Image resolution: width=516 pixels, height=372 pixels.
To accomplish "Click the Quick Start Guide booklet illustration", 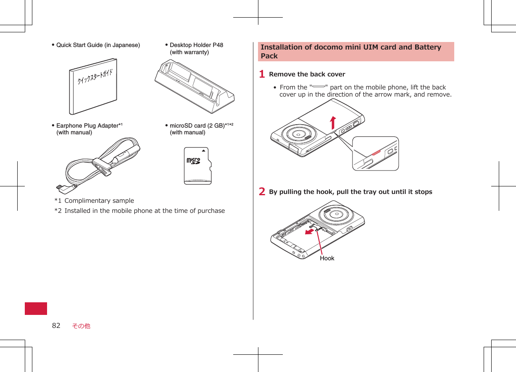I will pos(93,87).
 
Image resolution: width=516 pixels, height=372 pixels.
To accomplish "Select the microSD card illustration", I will pos(197,166).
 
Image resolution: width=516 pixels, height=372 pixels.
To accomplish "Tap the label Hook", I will pos(327,258).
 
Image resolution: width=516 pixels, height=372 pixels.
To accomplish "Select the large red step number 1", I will pos(262,74).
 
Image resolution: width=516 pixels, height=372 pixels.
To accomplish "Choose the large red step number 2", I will pos(262,192).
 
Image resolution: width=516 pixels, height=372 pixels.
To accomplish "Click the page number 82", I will pos(56,325).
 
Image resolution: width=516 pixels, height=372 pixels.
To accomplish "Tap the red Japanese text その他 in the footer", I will pos(81,326).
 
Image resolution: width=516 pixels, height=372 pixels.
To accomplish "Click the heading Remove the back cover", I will pos(307,74).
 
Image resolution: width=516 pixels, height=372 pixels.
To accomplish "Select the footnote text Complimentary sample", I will pos(99,201).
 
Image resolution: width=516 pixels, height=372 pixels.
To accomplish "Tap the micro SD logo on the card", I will pos(194,161).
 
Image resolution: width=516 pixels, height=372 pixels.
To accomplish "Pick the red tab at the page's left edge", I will pos(36,308).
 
